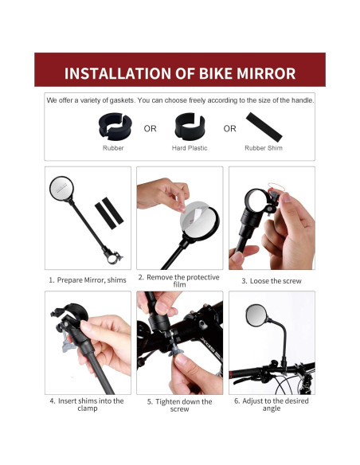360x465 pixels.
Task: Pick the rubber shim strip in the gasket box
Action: click(x=264, y=125)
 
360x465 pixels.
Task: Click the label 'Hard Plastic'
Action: click(x=189, y=148)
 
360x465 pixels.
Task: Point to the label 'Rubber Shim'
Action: click(x=264, y=148)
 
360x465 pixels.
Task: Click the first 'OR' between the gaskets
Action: click(x=151, y=128)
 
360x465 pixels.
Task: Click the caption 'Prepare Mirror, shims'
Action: click(x=88, y=280)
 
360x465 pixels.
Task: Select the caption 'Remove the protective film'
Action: click(x=178, y=280)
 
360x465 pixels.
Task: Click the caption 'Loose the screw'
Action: click(x=271, y=281)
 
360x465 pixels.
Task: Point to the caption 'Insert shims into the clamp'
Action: click(x=86, y=404)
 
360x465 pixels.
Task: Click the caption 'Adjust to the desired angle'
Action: click(x=271, y=404)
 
